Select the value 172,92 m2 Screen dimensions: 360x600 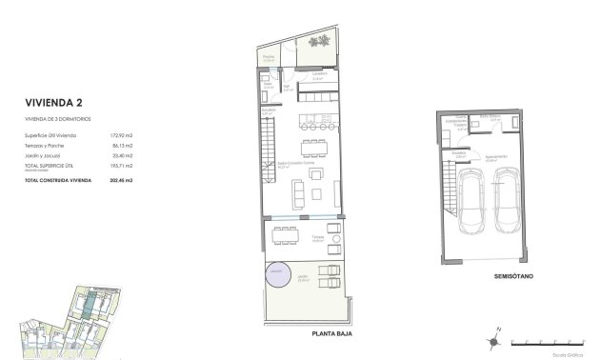point(119,136)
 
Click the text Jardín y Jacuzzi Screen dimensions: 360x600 point(42,155)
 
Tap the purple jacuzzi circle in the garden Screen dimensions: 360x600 point(276,273)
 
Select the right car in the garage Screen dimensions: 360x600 point(506,202)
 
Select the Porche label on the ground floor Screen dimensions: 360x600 point(269,58)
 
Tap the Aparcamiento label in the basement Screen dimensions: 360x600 point(491,158)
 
